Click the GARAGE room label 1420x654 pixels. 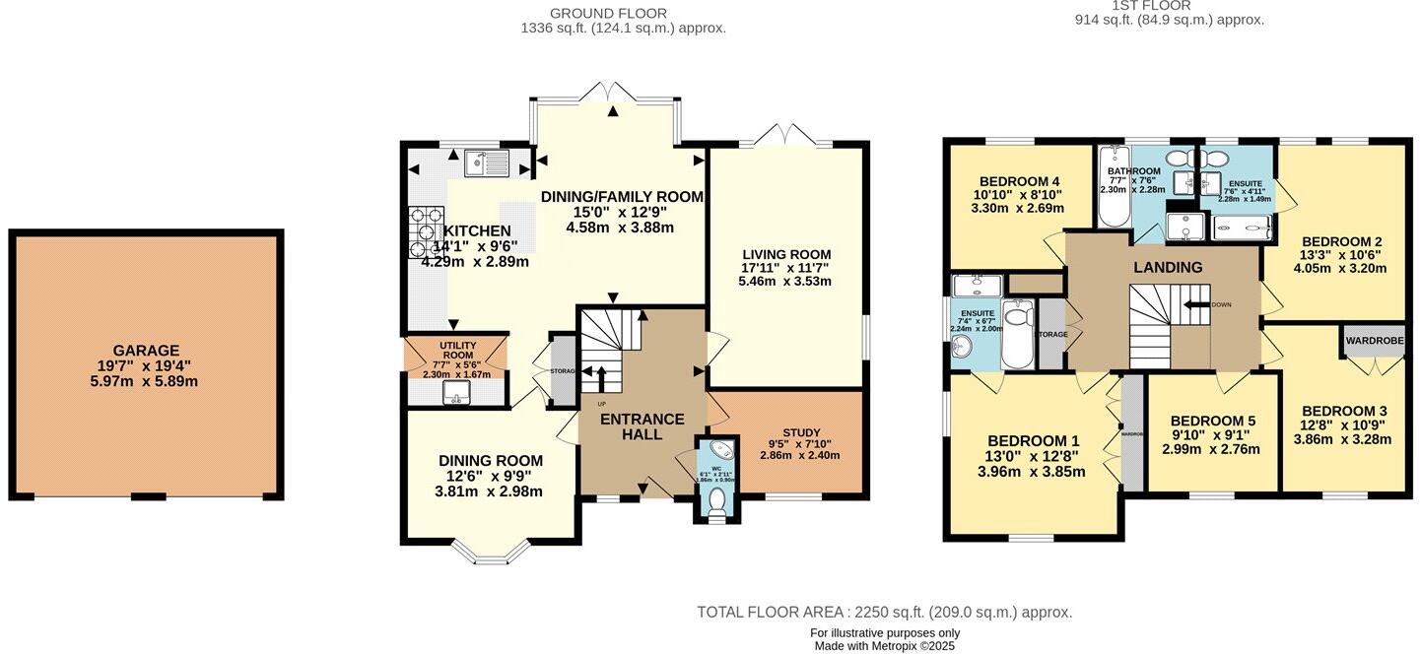click(x=146, y=350)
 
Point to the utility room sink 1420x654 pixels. click(x=455, y=394)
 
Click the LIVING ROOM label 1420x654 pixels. click(x=785, y=254)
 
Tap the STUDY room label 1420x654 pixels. click(x=801, y=431)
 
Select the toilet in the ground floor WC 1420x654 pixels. click(x=716, y=500)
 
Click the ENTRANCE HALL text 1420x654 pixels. click(x=642, y=426)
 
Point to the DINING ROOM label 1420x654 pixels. click(x=491, y=460)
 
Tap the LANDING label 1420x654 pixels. click(x=1168, y=267)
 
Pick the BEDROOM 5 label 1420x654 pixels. click(x=1212, y=420)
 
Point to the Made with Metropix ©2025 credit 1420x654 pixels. click(x=884, y=646)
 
